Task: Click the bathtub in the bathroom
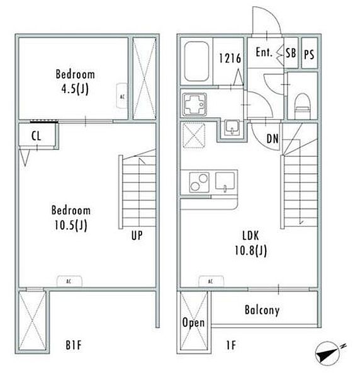(196, 62)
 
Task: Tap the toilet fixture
(302, 106)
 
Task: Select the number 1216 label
(230, 59)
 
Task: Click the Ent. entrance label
(264, 52)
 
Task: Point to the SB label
(291, 53)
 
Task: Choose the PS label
(309, 54)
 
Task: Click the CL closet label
(36, 136)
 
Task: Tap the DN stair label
(273, 139)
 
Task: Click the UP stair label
(137, 235)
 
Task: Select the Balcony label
(262, 310)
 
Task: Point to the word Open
(193, 323)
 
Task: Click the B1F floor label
(74, 345)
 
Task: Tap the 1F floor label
(231, 345)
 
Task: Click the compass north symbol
(329, 353)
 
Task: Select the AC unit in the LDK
(211, 281)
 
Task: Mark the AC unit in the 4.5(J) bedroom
(122, 96)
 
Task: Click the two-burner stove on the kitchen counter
(199, 182)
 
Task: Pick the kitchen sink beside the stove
(225, 181)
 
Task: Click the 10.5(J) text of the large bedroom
(70, 226)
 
